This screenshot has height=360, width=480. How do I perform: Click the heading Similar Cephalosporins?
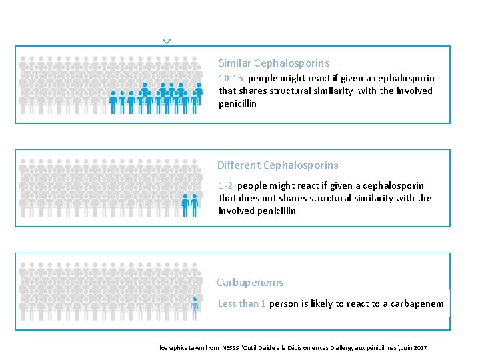click(x=274, y=63)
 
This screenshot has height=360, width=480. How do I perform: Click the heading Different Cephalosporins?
click(x=277, y=165)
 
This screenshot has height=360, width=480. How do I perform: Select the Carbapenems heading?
click(x=250, y=283)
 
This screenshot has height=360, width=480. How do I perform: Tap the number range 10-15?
click(x=231, y=78)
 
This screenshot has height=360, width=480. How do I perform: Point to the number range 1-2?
click(x=225, y=185)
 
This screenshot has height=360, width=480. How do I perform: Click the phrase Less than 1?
click(x=243, y=303)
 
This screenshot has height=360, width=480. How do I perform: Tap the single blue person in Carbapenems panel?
click(x=195, y=308)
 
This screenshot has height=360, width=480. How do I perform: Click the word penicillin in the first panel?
click(x=238, y=103)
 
